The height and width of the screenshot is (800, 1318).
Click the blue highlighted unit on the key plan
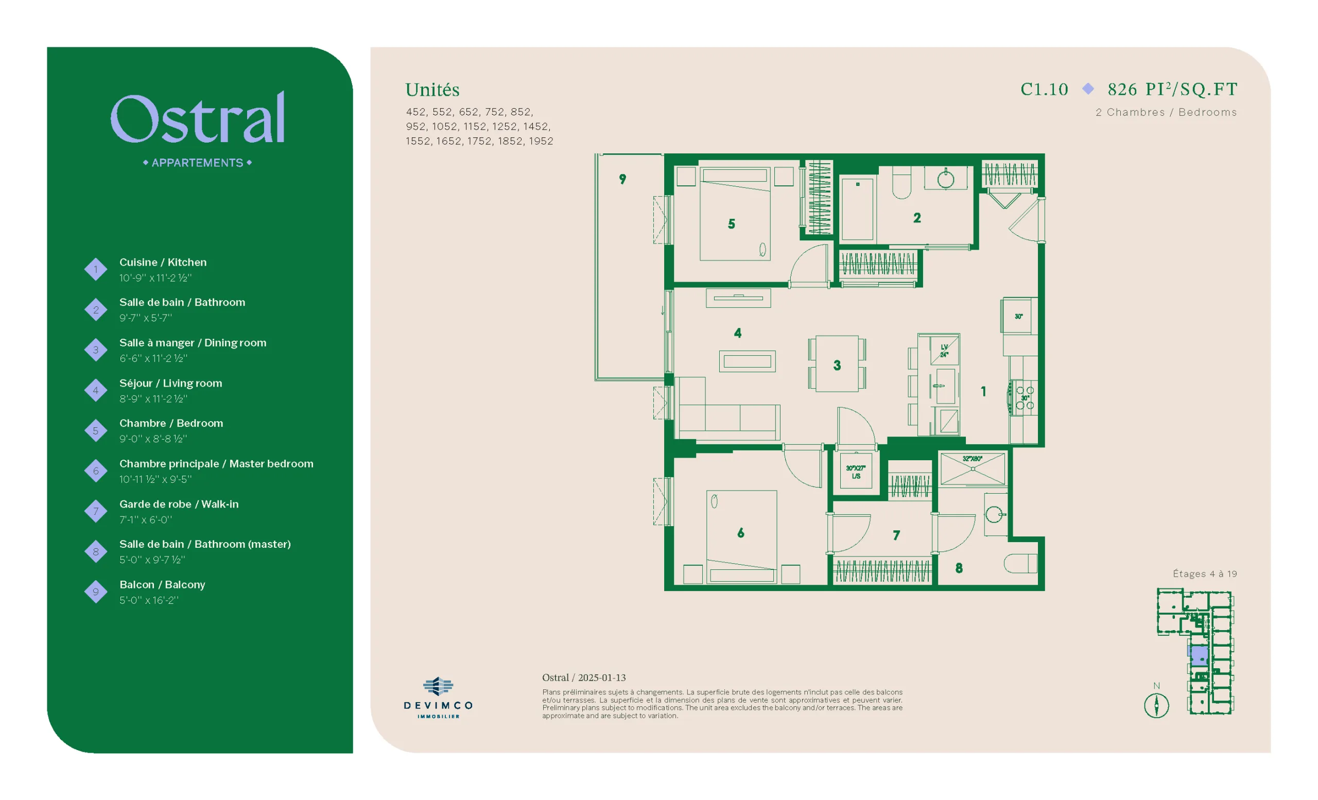[x=1199, y=654]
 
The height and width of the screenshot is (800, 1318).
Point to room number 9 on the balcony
[x=622, y=179]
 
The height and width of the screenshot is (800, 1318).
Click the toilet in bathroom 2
[x=901, y=183]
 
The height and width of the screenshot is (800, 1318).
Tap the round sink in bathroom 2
[x=946, y=179]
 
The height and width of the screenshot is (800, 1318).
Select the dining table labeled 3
[x=837, y=363]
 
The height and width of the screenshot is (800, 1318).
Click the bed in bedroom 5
[x=735, y=214]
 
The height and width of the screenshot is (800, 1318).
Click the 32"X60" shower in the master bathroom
[x=973, y=469]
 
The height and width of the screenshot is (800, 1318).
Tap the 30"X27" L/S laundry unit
[x=856, y=471]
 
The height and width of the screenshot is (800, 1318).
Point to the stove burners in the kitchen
[x=1025, y=398]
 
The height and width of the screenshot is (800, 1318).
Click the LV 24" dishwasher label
[x=944, y=350]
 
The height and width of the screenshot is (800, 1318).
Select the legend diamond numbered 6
[x=96, y=471]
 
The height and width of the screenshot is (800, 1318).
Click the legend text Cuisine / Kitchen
[x=163, y=262]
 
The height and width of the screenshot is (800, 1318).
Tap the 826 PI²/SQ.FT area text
[x=1172, y=89]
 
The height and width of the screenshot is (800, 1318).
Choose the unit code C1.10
[x=1044, y=89]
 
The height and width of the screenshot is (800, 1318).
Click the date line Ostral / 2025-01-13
[x=584, y=677]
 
